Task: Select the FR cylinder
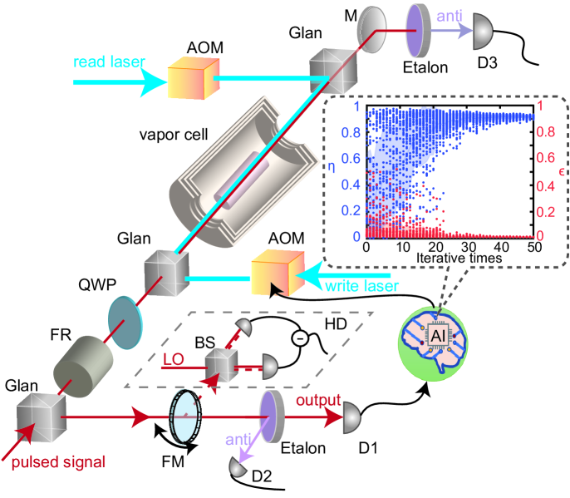81,360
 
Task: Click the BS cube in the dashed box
222,365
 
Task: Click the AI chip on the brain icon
440,334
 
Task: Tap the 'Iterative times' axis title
448,260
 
